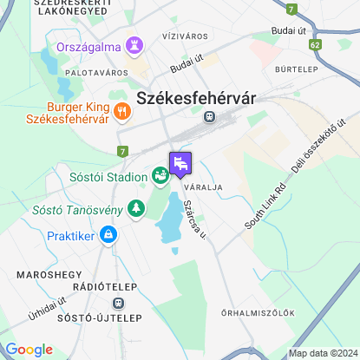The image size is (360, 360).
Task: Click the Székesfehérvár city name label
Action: click(x=196, y=98)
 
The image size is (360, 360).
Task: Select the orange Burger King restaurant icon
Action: click(x=121, y=111)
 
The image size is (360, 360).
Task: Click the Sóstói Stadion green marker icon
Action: click(x=160, y=176)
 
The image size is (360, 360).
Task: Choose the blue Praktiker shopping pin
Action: click(x=108, y=234)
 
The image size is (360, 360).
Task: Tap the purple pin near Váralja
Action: click(x=180, y=162)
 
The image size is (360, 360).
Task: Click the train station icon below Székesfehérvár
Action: click(x=209, y=115)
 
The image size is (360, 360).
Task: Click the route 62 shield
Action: click(x=314, y=43)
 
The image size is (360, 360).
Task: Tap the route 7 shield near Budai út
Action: click(x=292, y=9)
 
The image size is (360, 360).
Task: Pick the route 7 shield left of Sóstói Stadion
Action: click(x=123, y=152)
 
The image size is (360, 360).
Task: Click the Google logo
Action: click(x=29, y=350)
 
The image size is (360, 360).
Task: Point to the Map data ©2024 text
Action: click(x=322, y=353)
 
